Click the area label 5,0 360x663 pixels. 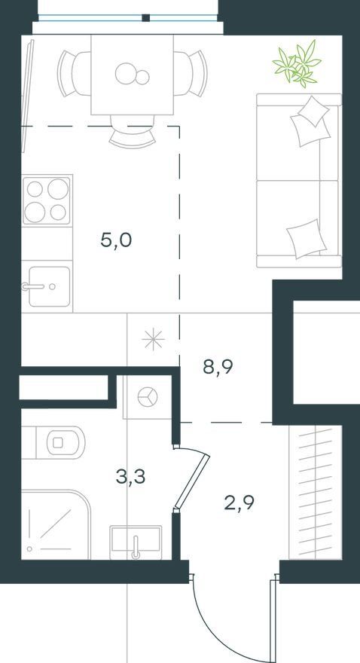click(x=116, y=241)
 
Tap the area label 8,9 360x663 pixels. click(x=218, y=367)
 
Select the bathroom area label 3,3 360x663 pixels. click(x=130, y=477)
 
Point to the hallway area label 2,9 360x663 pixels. click(x=239, y=503)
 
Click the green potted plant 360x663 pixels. click(x=297, y=63)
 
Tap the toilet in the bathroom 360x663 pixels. click(x=60, y=443)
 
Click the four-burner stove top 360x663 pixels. click(x=47, y=200)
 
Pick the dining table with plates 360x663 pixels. click(x=133, y=75)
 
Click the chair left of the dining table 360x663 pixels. click(x=74, y=74)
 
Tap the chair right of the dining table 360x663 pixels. click(x=191, y=74)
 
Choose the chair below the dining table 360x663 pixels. click(x=133, y=131)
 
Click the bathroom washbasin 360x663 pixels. click(x=136, y=542)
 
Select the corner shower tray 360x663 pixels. click(x=56, y=524)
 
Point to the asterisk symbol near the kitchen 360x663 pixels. click(x=153, y=340)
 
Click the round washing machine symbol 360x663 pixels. click(x=148, y=397)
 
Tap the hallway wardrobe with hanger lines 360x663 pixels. click(x=316, y=493)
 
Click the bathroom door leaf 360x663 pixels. click(x=193, y=481)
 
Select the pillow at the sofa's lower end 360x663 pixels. click(x=307, y=239)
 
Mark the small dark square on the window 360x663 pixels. click(x=146, y=18)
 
